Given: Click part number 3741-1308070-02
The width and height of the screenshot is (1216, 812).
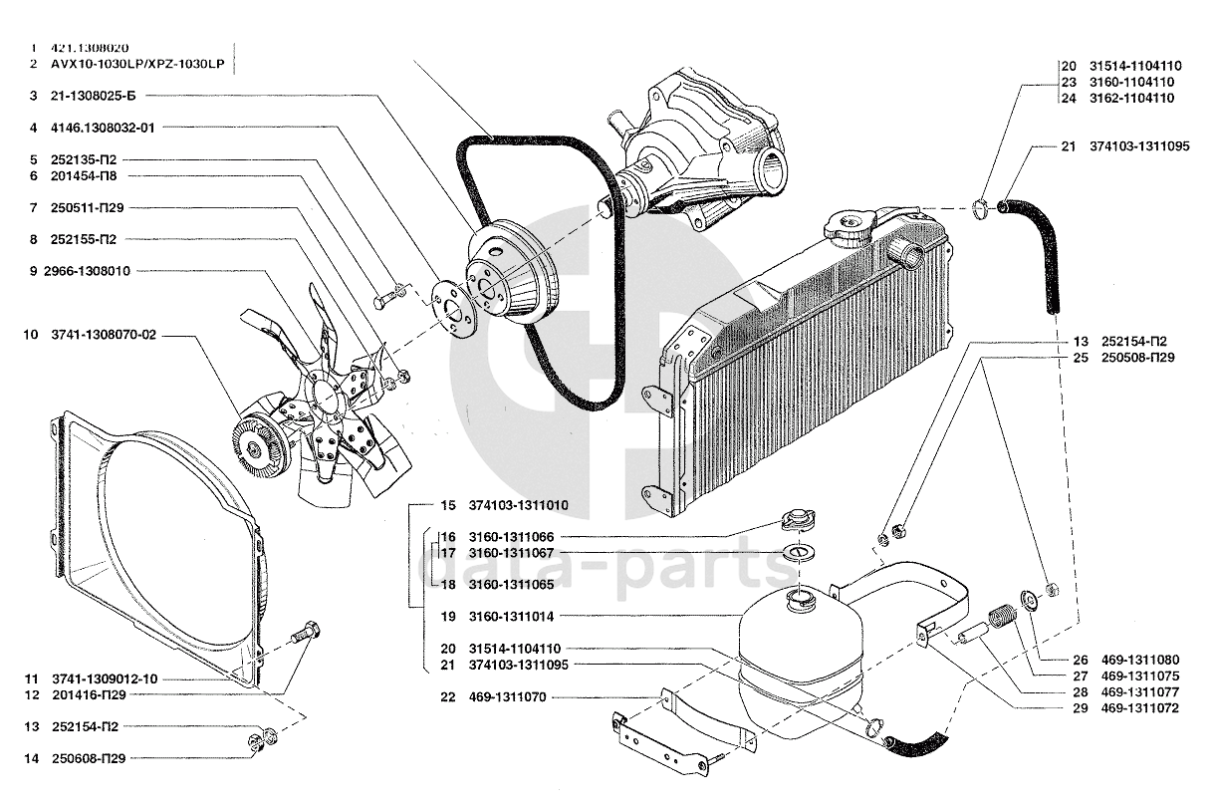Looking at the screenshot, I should click(104, 335).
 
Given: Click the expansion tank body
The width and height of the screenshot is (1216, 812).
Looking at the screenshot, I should click(796, 663).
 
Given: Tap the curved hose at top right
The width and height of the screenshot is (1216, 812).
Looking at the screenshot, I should click(1036, 249).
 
